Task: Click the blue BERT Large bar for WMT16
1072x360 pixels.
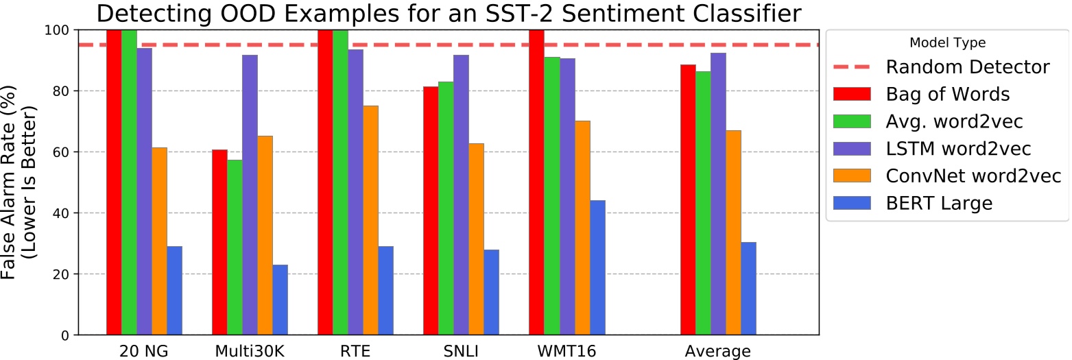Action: (597, 267)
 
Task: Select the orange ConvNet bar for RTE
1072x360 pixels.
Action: (370, 220)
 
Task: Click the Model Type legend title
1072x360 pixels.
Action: (947, 43)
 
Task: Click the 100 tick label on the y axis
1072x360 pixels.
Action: (56, 30)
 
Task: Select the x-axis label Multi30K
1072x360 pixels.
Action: (250, 351)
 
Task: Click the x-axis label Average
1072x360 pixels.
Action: (718, 351)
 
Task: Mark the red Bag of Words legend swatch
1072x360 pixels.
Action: (850, 94)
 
